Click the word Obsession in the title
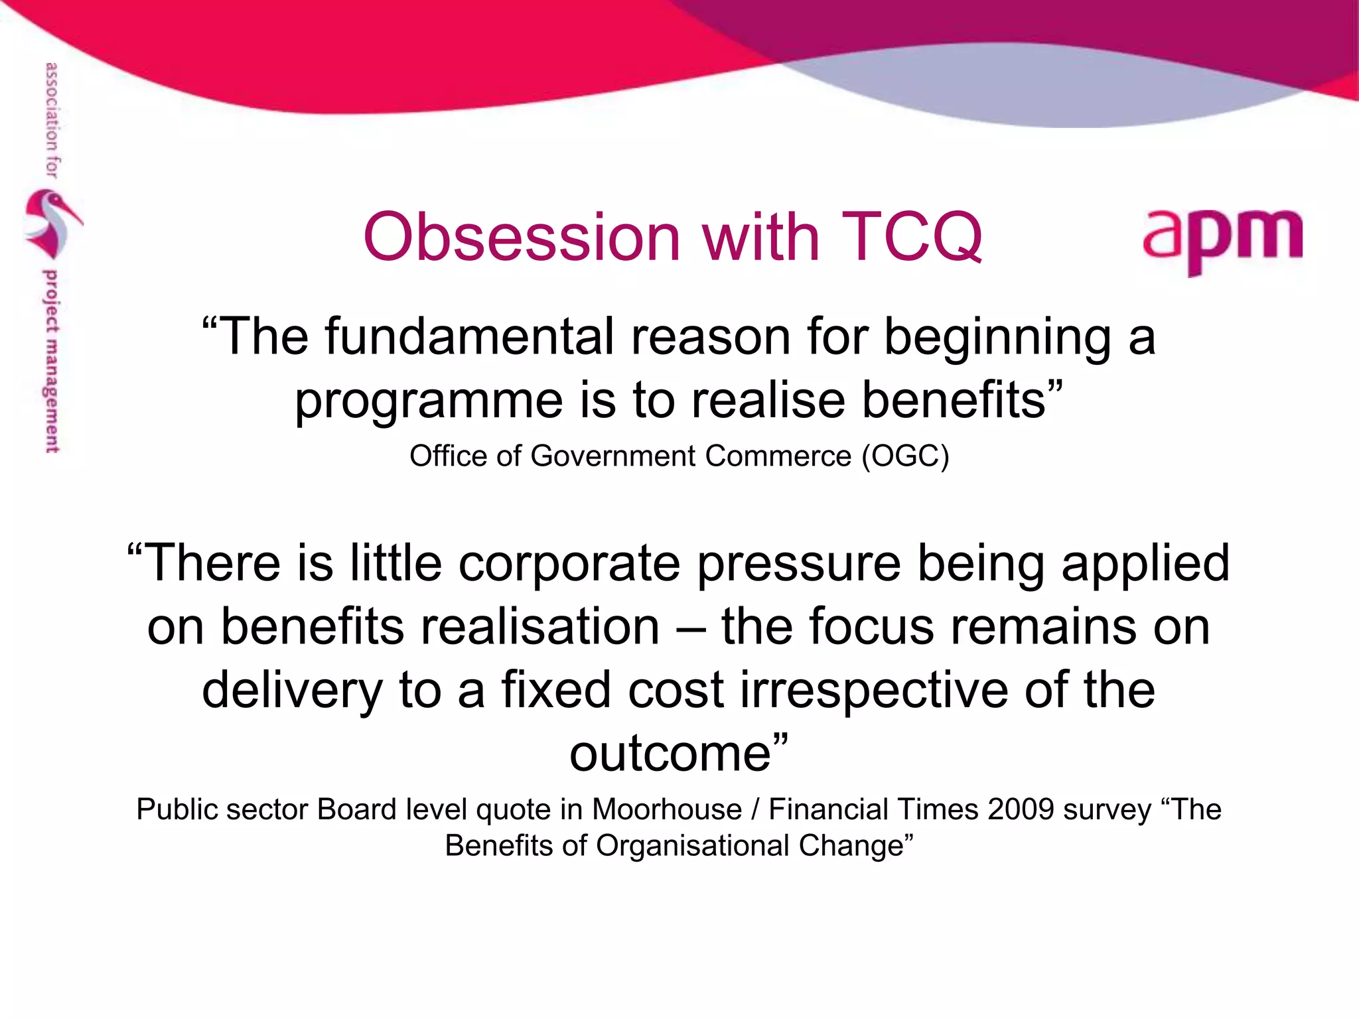[x=522, y=238]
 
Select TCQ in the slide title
[x=914, y=238]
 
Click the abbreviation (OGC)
[x=905, y=456]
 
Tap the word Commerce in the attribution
[x=778, y=456]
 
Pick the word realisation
[x=540, y=627]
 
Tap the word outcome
[x=670, y=754]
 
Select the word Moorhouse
[x=666, y=810]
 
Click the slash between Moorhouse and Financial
[x=755, y=810]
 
